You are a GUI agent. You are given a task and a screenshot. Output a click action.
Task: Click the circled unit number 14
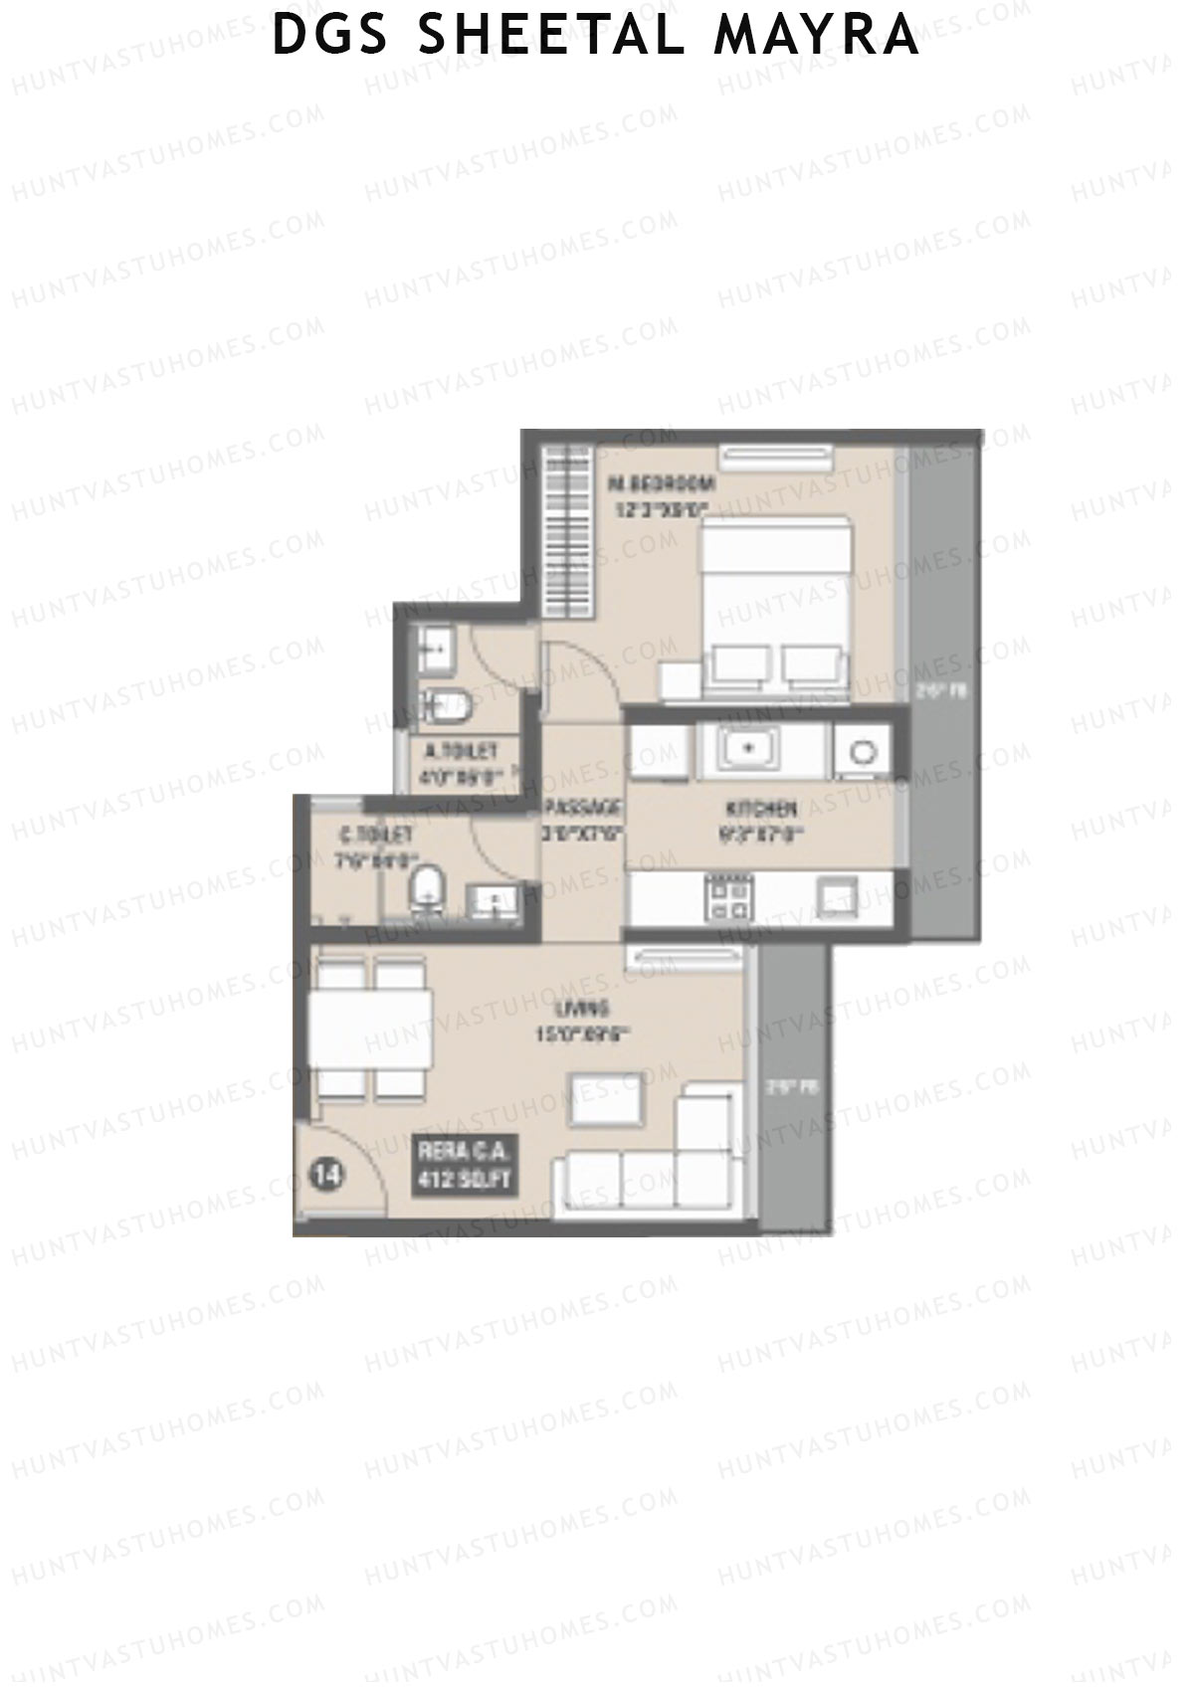point(327,1175)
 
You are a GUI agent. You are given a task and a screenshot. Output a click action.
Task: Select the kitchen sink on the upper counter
point(748,747)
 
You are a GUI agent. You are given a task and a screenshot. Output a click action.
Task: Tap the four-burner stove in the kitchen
point(727,894)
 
